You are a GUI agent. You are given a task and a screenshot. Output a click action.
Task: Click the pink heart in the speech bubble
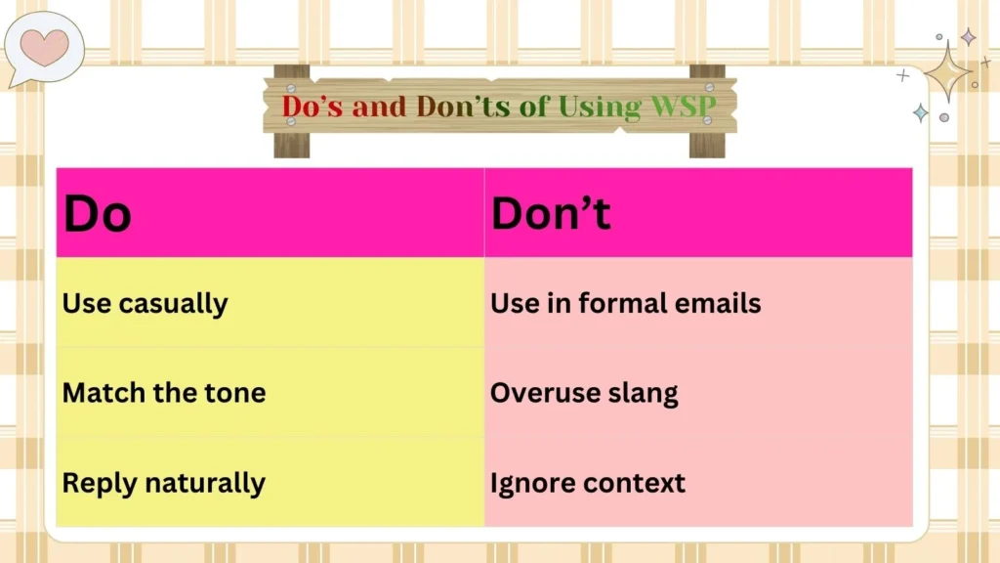click(x=44, y=45)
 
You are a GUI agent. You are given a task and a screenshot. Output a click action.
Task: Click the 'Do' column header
click(x=97, y=214)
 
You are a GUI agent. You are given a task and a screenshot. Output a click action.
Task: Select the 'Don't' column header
click(x=551, y=214)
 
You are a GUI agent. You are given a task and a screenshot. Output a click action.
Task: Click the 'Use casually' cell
click(x=145, y=303)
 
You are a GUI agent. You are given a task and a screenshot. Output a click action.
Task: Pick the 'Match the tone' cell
click(x=164, y=393)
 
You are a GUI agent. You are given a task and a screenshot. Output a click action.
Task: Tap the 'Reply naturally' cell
click(x=163, y=483)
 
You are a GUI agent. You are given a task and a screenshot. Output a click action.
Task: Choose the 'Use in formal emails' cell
click(x=625, y=303)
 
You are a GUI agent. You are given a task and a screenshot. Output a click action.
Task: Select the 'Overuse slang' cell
click(x=584, y=393)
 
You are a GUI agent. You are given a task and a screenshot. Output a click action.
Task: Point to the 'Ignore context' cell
click(x=588, y=483)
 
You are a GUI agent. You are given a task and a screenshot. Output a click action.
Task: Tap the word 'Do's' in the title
click(x=313, y=106)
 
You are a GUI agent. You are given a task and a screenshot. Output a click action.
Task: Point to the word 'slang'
click(x=640, y=393)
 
